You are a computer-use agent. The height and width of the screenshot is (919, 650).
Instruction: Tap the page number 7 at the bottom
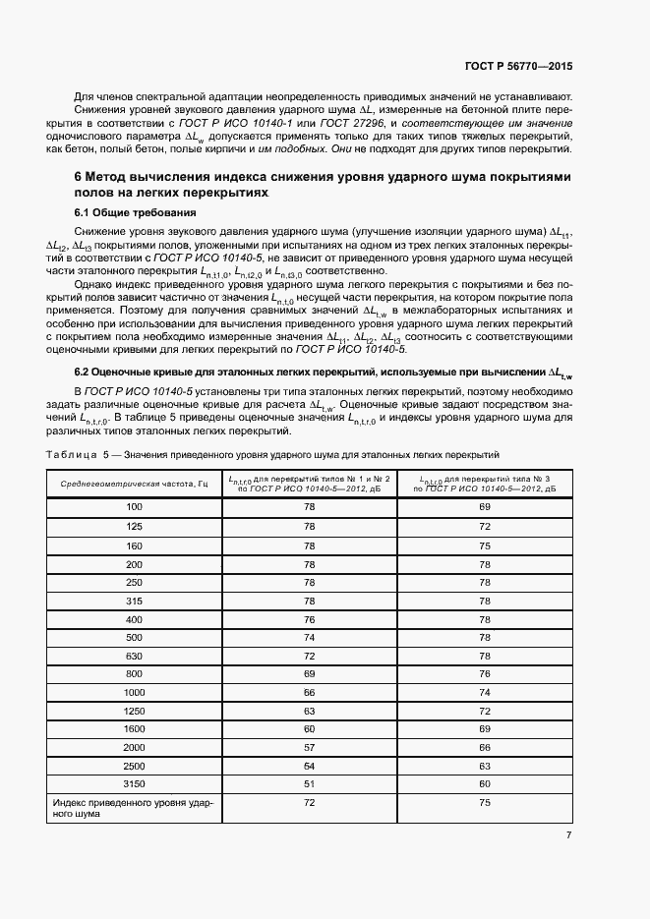(x=568, y=835)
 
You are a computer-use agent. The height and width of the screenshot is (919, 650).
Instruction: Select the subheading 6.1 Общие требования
(x=134, y=213)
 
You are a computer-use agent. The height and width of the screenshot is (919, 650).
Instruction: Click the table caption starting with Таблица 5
(x=273, y=454)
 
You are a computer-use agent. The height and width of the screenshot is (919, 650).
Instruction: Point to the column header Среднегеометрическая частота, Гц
(x=135, y=484)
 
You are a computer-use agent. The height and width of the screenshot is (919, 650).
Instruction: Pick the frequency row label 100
(x=135, y=506)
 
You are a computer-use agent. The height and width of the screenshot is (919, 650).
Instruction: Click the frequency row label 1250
(x=135, y=710)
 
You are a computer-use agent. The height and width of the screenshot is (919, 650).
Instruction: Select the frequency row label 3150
(x=135, y=783)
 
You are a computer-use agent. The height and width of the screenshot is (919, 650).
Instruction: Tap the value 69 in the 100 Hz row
(x=484, y=506)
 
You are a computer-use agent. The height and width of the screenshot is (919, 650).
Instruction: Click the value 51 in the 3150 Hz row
(x=309, y=783)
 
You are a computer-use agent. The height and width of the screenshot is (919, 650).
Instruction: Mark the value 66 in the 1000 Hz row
(x=309, y=692)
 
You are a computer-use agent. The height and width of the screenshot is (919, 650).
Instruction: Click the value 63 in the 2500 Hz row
(x=484, y=765)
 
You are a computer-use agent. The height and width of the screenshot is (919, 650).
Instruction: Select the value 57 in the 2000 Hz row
(x=309, y=747)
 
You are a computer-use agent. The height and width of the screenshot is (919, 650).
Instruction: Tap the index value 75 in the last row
(x=484, y=803)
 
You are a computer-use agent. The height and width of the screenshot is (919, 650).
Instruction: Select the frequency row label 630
(x=135, y=655)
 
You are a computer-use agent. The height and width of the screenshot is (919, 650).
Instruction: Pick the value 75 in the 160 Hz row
(x=484, y=545)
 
